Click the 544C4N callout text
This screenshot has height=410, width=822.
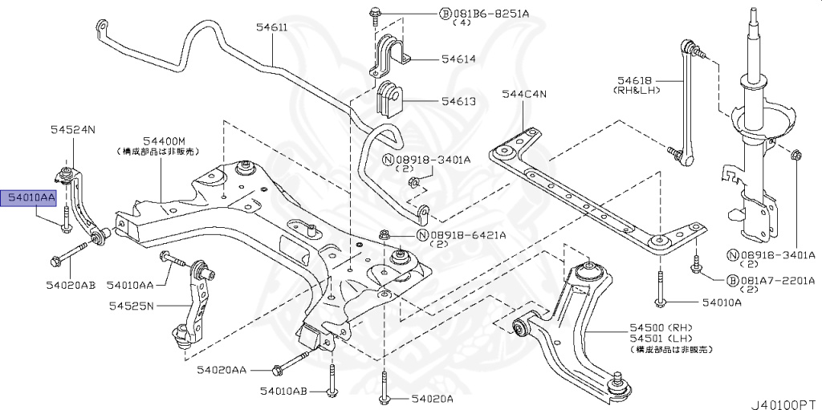pyautogui.click(x=524, y=94)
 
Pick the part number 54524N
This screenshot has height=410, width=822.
pyautogui.click(x=72, y=128)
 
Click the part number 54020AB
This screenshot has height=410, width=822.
pyautogui.click(x=71, y=284)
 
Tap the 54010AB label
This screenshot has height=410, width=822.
pyautogui.click(x=283, y=391)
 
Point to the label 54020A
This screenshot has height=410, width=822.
pyautogui.click(x=433, y=398)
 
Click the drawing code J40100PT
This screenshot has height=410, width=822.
pyautogui.click(x=783, y=398)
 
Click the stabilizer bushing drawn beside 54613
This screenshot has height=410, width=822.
pyautogui.click(x=391, y=99)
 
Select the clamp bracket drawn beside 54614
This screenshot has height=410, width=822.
pyautogui.click(x=389, y=55)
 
